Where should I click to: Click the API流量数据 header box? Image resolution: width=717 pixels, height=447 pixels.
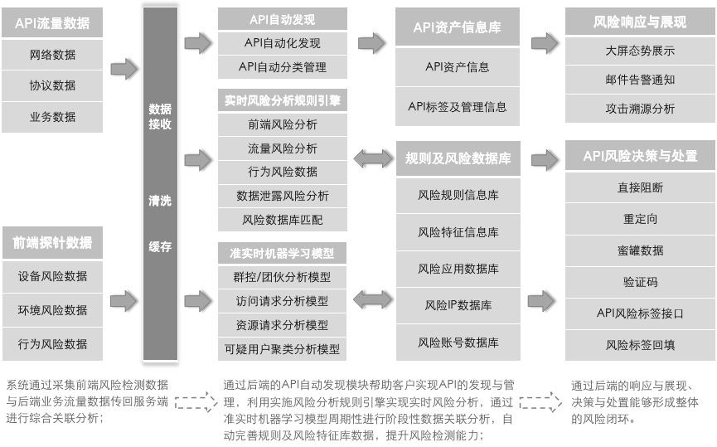52,23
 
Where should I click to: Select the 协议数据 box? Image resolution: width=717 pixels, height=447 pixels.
52,85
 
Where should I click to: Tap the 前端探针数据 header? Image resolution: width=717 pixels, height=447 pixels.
52,242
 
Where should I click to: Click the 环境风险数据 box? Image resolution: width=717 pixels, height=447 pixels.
52,310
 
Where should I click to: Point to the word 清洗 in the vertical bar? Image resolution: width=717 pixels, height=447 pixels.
160,201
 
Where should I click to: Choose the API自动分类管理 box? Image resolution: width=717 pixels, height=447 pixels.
282,67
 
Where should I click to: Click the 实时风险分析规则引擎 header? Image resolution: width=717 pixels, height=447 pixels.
282,100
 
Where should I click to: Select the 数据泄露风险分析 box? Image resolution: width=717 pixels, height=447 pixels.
282,196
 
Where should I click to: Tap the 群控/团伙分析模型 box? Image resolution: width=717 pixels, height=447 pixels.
282,277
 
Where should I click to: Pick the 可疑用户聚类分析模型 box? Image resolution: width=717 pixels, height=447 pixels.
282,349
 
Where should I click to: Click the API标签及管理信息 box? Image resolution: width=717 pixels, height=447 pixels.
458,107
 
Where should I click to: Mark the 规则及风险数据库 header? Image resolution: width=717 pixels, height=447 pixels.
458,158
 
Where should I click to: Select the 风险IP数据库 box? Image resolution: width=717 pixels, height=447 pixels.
458,305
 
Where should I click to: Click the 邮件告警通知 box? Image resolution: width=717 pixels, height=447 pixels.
640,80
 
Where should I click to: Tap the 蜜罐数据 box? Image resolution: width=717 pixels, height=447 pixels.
640,250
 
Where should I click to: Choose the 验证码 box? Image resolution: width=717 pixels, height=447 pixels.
640,282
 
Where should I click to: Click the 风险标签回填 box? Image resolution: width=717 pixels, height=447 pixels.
640,345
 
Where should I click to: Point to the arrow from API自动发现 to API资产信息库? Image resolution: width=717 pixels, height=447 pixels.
371,43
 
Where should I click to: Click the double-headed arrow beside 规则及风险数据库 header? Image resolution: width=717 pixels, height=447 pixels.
373,158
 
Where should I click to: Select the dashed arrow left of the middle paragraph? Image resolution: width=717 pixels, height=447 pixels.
196,402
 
